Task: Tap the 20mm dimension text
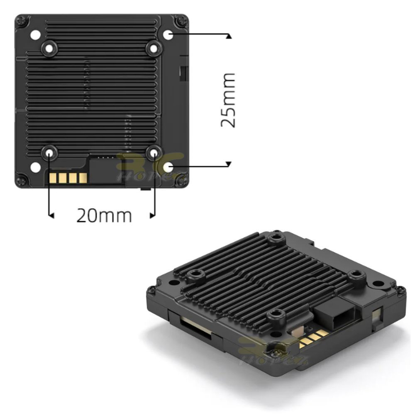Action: (x=104, y=215)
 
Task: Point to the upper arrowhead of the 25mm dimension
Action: (x=229, y=36)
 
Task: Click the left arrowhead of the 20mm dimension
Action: (x=51, y=215)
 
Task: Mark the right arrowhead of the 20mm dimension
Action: (x=152, y=215)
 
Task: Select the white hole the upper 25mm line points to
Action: (x=168, y=34)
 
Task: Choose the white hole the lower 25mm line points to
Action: (x=168, y=167)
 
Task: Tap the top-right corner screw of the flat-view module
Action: (x=181, y=20)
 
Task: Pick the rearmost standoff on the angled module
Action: (x=275, y=239)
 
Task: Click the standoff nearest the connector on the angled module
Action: (x=355, y=275)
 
